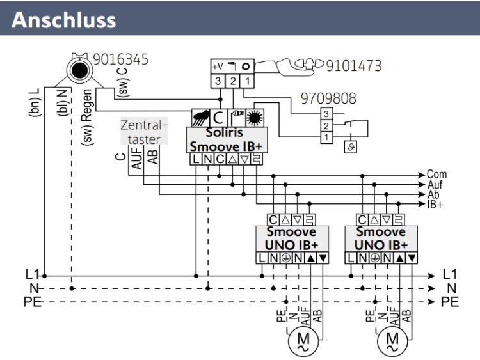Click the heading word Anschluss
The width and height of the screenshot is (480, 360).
[x=64, y=19]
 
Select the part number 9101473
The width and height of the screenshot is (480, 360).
[x=353, y=66]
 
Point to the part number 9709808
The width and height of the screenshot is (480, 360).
[x=328, y=99]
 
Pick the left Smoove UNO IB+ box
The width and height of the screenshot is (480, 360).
[x=292, y=238]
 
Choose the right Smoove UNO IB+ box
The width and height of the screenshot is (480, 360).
[x=381, y=238]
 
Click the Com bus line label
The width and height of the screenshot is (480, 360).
[x=437, y=174]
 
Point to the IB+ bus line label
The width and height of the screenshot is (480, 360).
[x=437, y=204]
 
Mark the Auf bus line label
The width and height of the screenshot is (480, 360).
[x=435, y=184]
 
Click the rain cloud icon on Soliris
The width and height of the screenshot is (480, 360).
[x=200, y=118]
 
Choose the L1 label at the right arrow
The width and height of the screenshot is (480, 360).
[x=451, y=276]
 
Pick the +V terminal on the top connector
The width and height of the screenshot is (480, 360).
[x=218, y=67]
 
